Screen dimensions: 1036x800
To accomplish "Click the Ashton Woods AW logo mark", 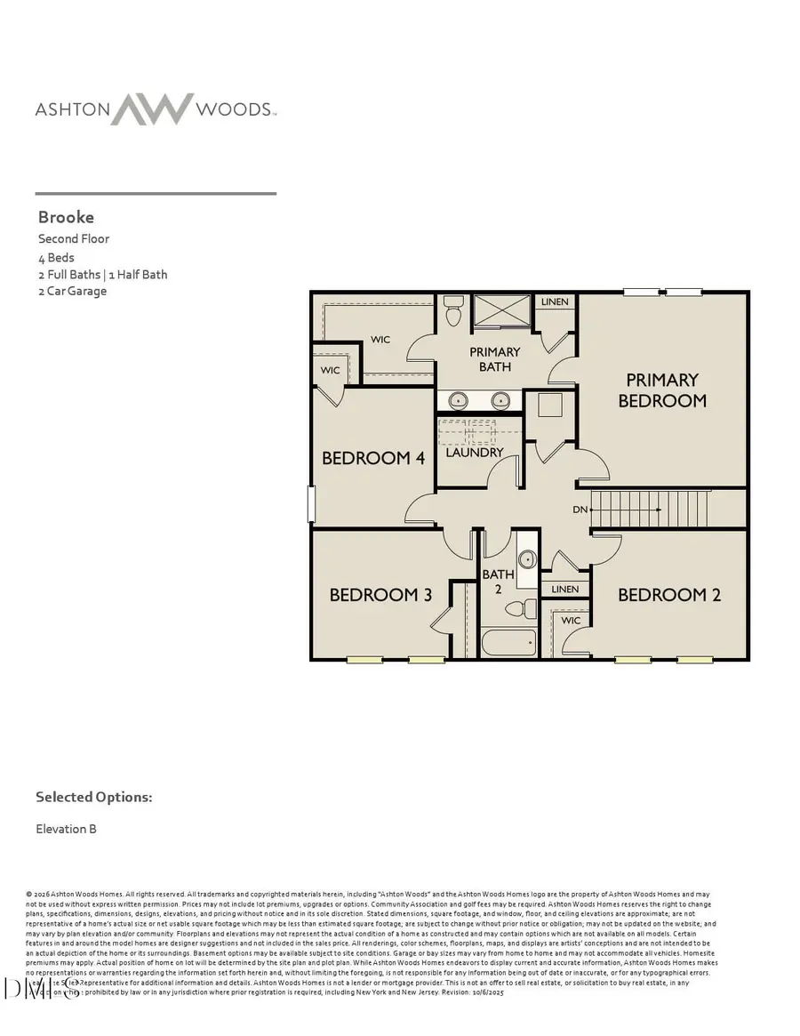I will pos(152,108).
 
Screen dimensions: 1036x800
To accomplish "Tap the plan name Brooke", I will pos(66,217).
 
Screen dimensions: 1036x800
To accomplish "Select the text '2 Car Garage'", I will pos(72,291).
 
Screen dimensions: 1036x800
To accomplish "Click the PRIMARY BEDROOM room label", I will pos(662,390).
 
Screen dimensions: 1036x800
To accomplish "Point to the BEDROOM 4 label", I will pos(373,458).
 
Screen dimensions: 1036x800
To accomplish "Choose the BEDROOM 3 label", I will pos(374,595).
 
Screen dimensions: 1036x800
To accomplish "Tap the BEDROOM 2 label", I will pos(669,595).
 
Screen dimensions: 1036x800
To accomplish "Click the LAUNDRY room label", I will pos(475,453).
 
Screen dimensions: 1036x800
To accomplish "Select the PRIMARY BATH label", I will pos(494,359).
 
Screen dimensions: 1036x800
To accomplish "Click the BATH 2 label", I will pos(498,581).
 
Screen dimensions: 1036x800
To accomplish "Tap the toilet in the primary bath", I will pos(452,312).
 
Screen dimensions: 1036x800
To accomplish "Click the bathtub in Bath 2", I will pos(509,642).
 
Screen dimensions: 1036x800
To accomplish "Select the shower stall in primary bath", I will pos(501,310).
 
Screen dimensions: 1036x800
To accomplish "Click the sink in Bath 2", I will pos(526,559).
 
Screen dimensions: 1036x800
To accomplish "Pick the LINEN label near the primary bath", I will pos(555,302).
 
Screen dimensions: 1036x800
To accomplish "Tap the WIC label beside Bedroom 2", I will pos(571,621).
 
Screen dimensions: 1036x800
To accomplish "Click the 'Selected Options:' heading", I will pos(93,797).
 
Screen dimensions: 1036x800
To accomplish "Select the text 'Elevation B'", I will pos(66,829).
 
